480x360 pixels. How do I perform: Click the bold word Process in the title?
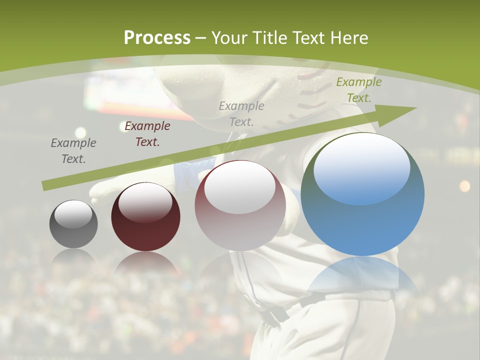tap(157, 37)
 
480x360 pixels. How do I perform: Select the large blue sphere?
tap(362, 220)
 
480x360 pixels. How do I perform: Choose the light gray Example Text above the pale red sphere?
tap(241, 113)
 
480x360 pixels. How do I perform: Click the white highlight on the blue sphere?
tap(361, 167)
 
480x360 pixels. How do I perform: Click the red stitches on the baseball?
tap(312, 90)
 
